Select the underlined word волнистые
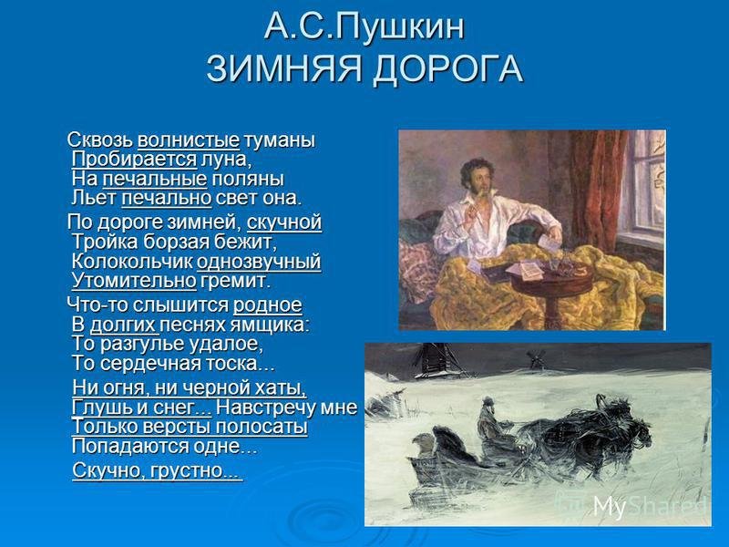click(189, 140)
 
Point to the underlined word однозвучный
click(259, 262)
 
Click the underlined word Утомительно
click(134, 281)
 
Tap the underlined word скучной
click(284, 222)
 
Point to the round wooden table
click(538, 284)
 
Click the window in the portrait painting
click(643, 186)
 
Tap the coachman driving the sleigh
click(490, 421)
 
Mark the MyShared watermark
click(650, 506)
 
